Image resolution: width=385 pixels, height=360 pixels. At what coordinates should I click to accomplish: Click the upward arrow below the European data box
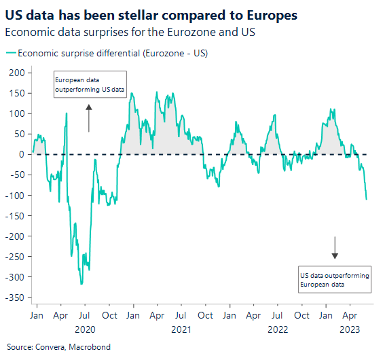click(x=89, y=118)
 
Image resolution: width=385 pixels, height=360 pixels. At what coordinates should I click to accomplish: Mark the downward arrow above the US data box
click(x=335, y=248)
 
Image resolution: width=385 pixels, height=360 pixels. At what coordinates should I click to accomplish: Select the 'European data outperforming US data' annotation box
click(x=90, y=84)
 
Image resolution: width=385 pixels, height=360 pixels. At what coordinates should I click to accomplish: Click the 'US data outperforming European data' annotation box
click(x=334, y=280)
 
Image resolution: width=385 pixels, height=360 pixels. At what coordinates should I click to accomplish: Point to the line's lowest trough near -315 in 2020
click(x=81, y=283)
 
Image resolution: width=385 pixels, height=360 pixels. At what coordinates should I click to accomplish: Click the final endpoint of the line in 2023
click(x=367, y=199)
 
